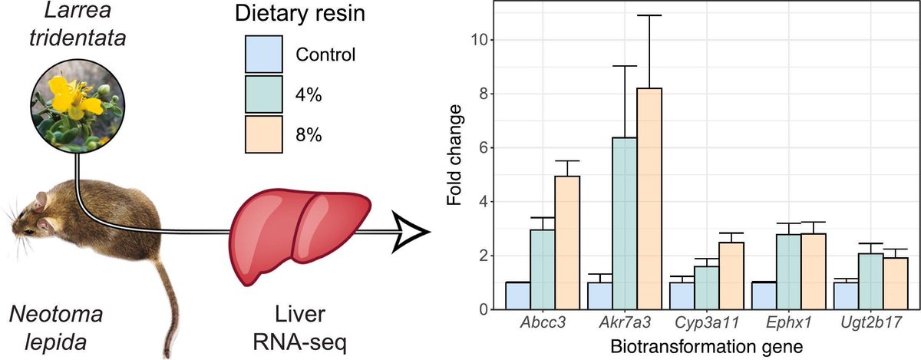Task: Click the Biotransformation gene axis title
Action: tap(706, 347)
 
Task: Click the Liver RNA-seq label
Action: tap(300, 325)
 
